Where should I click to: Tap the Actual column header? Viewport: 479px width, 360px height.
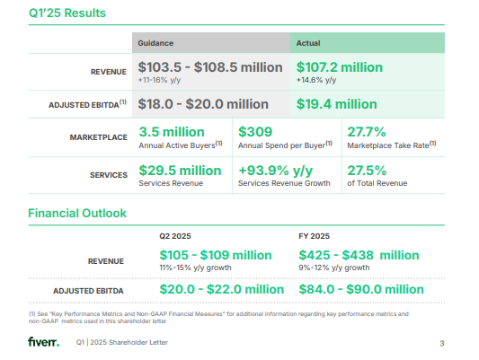click(308, 42)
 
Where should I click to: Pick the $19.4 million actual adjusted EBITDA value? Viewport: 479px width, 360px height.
click(336, 104)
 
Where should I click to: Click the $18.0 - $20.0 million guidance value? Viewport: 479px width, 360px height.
click(203, 104)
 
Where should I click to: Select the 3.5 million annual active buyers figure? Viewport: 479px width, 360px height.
click(173, 131)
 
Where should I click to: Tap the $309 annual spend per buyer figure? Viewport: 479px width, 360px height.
click(254, 131)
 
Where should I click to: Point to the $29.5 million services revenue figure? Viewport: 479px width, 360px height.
click(180, 170)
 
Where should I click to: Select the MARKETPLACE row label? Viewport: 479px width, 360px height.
click(98, 136)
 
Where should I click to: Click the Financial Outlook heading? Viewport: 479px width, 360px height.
click(77, 214)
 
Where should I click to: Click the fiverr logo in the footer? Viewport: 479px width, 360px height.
click(43, 342)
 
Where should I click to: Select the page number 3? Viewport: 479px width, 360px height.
click(441, 343)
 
